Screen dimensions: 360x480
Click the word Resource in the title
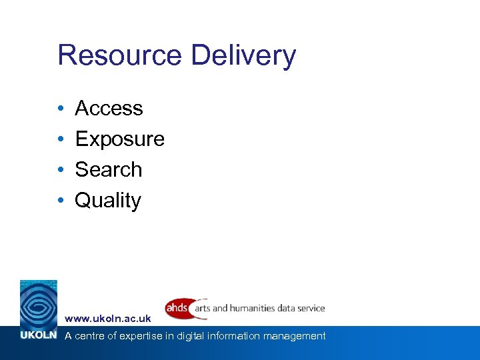(119, 55)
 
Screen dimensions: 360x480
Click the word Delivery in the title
(243, 57)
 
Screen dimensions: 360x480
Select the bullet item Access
(109, 108)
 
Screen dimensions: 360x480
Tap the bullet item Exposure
(119, 139)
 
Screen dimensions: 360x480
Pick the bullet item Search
(108, 169)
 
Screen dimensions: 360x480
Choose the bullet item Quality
(108, 201)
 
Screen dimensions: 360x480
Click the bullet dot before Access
(60, 109)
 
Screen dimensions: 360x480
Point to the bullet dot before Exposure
(60, 139)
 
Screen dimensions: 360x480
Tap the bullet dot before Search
(60, 170)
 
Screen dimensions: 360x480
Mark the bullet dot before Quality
(60, 201)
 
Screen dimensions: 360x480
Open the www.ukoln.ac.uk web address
(108, 319)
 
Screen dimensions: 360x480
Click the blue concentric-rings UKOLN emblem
(39, 303)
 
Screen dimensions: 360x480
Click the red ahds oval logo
(178, 309)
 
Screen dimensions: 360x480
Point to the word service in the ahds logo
(311, 309)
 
